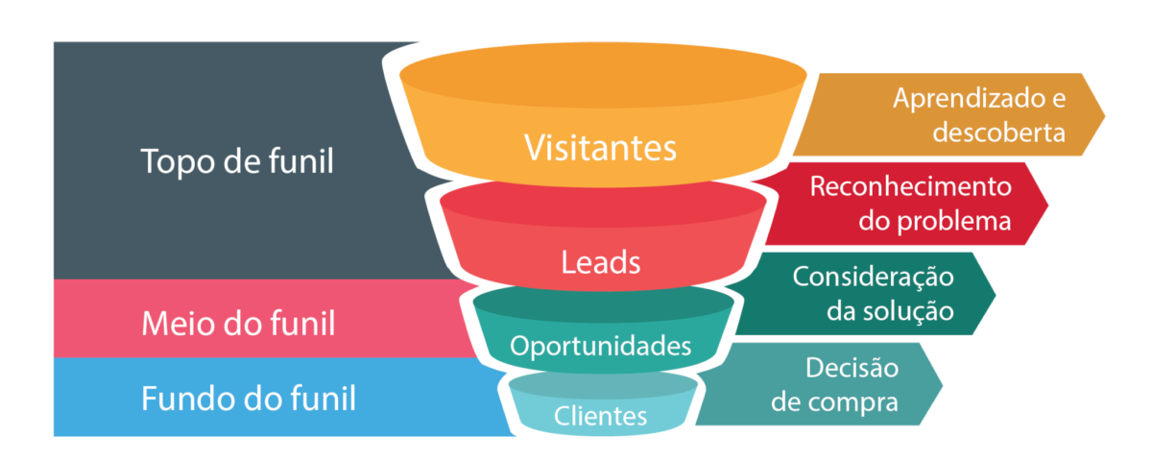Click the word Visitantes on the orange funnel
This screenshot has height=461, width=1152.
pyautogui.click(x=600, y=148)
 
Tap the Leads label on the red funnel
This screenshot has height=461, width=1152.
pyautogui.click(x=600, y=262)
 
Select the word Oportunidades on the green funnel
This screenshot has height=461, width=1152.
pyautogui.click(x=600, y=346)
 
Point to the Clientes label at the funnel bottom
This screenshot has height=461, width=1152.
pyautogui.click(x=600, y=416)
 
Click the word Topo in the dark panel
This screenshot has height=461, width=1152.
pyautogui.click(x=177, y=162)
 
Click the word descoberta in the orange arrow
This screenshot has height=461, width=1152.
pyautogui.click(x=998, y=133)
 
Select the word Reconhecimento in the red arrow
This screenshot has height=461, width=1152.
pyautogui.click(x=911, y=186)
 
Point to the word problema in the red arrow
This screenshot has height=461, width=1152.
pyautogui.click(x=954, y=222)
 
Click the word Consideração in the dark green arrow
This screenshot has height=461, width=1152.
pyautogui.click(x=874, y=277)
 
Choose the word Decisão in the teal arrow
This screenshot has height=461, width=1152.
pyautogui.click(x=852, y=367)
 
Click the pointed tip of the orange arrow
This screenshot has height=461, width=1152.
pyautogui.click(x=1104, y=114)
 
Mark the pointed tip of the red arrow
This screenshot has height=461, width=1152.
pyautogui.click(x=1047, y=205)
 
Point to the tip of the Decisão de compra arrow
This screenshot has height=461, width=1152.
pyautogui.click(x=942, y=384)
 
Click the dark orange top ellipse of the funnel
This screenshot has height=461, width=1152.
pyautogui.click(x=603, y=75)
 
